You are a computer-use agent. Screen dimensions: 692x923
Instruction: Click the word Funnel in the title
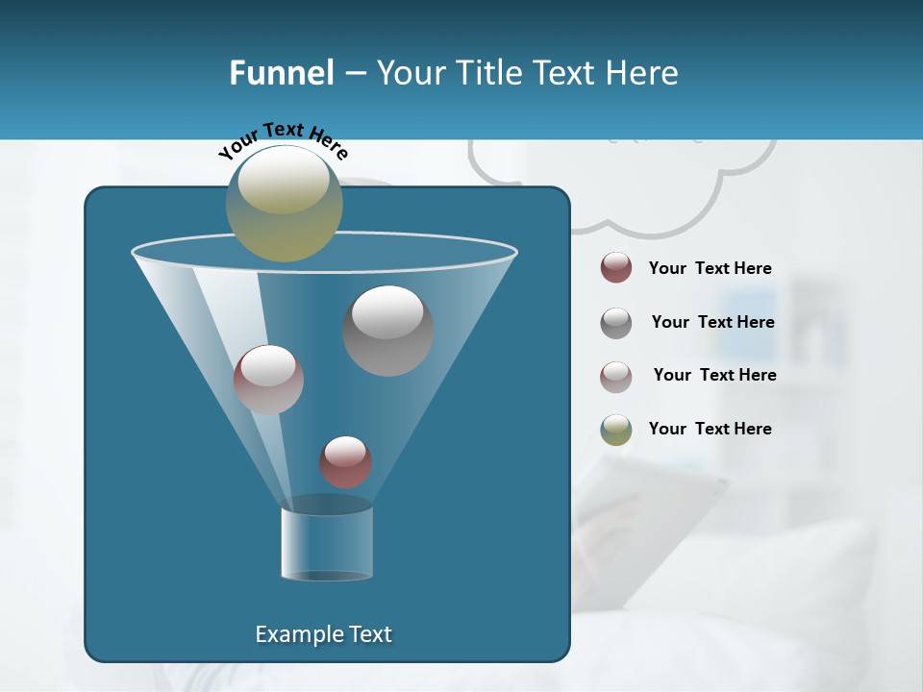(x=281, y=73)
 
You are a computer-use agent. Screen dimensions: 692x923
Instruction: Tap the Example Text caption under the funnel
(x=323, y=634)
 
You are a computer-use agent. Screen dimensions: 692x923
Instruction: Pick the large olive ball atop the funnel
(x=284, y=204)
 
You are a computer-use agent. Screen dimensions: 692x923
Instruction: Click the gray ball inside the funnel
(x=387, y=331)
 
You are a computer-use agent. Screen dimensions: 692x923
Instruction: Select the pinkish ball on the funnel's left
(x=268, y=380)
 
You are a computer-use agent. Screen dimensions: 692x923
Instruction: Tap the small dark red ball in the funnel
(x=345, y=461)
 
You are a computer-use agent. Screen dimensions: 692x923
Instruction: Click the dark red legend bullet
(x=616, y=268)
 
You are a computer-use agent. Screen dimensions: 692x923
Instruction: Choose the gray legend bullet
(x=616, y=323)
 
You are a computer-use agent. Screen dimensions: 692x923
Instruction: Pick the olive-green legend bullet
(x=616, y=430)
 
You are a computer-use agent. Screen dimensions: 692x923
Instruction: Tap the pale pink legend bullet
(x=616, y=376)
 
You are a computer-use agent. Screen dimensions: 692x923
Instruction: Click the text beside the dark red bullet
(x=710, y=269)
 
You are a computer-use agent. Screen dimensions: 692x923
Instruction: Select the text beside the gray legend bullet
(x=712, y=323)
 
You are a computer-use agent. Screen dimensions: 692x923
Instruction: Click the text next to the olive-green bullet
(x=710, y=430)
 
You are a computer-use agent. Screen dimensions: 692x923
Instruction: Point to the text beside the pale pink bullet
(x=714, y=376)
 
